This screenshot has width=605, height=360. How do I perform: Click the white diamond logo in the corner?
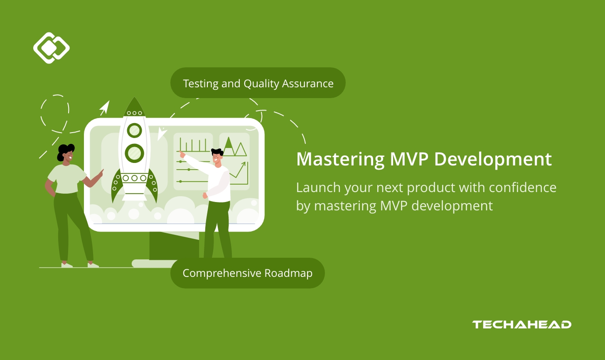(51, 48)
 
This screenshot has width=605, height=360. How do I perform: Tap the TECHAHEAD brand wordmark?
(521, 325)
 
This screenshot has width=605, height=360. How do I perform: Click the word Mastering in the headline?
(340, 160)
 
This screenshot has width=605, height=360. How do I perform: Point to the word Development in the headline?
(493, 160)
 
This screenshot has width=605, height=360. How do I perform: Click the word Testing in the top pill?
(201, 84)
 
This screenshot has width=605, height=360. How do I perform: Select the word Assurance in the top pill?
(307, 84)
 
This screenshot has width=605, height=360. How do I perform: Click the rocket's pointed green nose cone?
(134, 106)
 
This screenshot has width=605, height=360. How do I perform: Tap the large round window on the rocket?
(134, 153)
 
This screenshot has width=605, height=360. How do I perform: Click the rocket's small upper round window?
(134, 131)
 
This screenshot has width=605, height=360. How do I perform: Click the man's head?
(217, 157)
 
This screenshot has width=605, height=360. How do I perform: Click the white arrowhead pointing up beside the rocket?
(105, 108)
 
